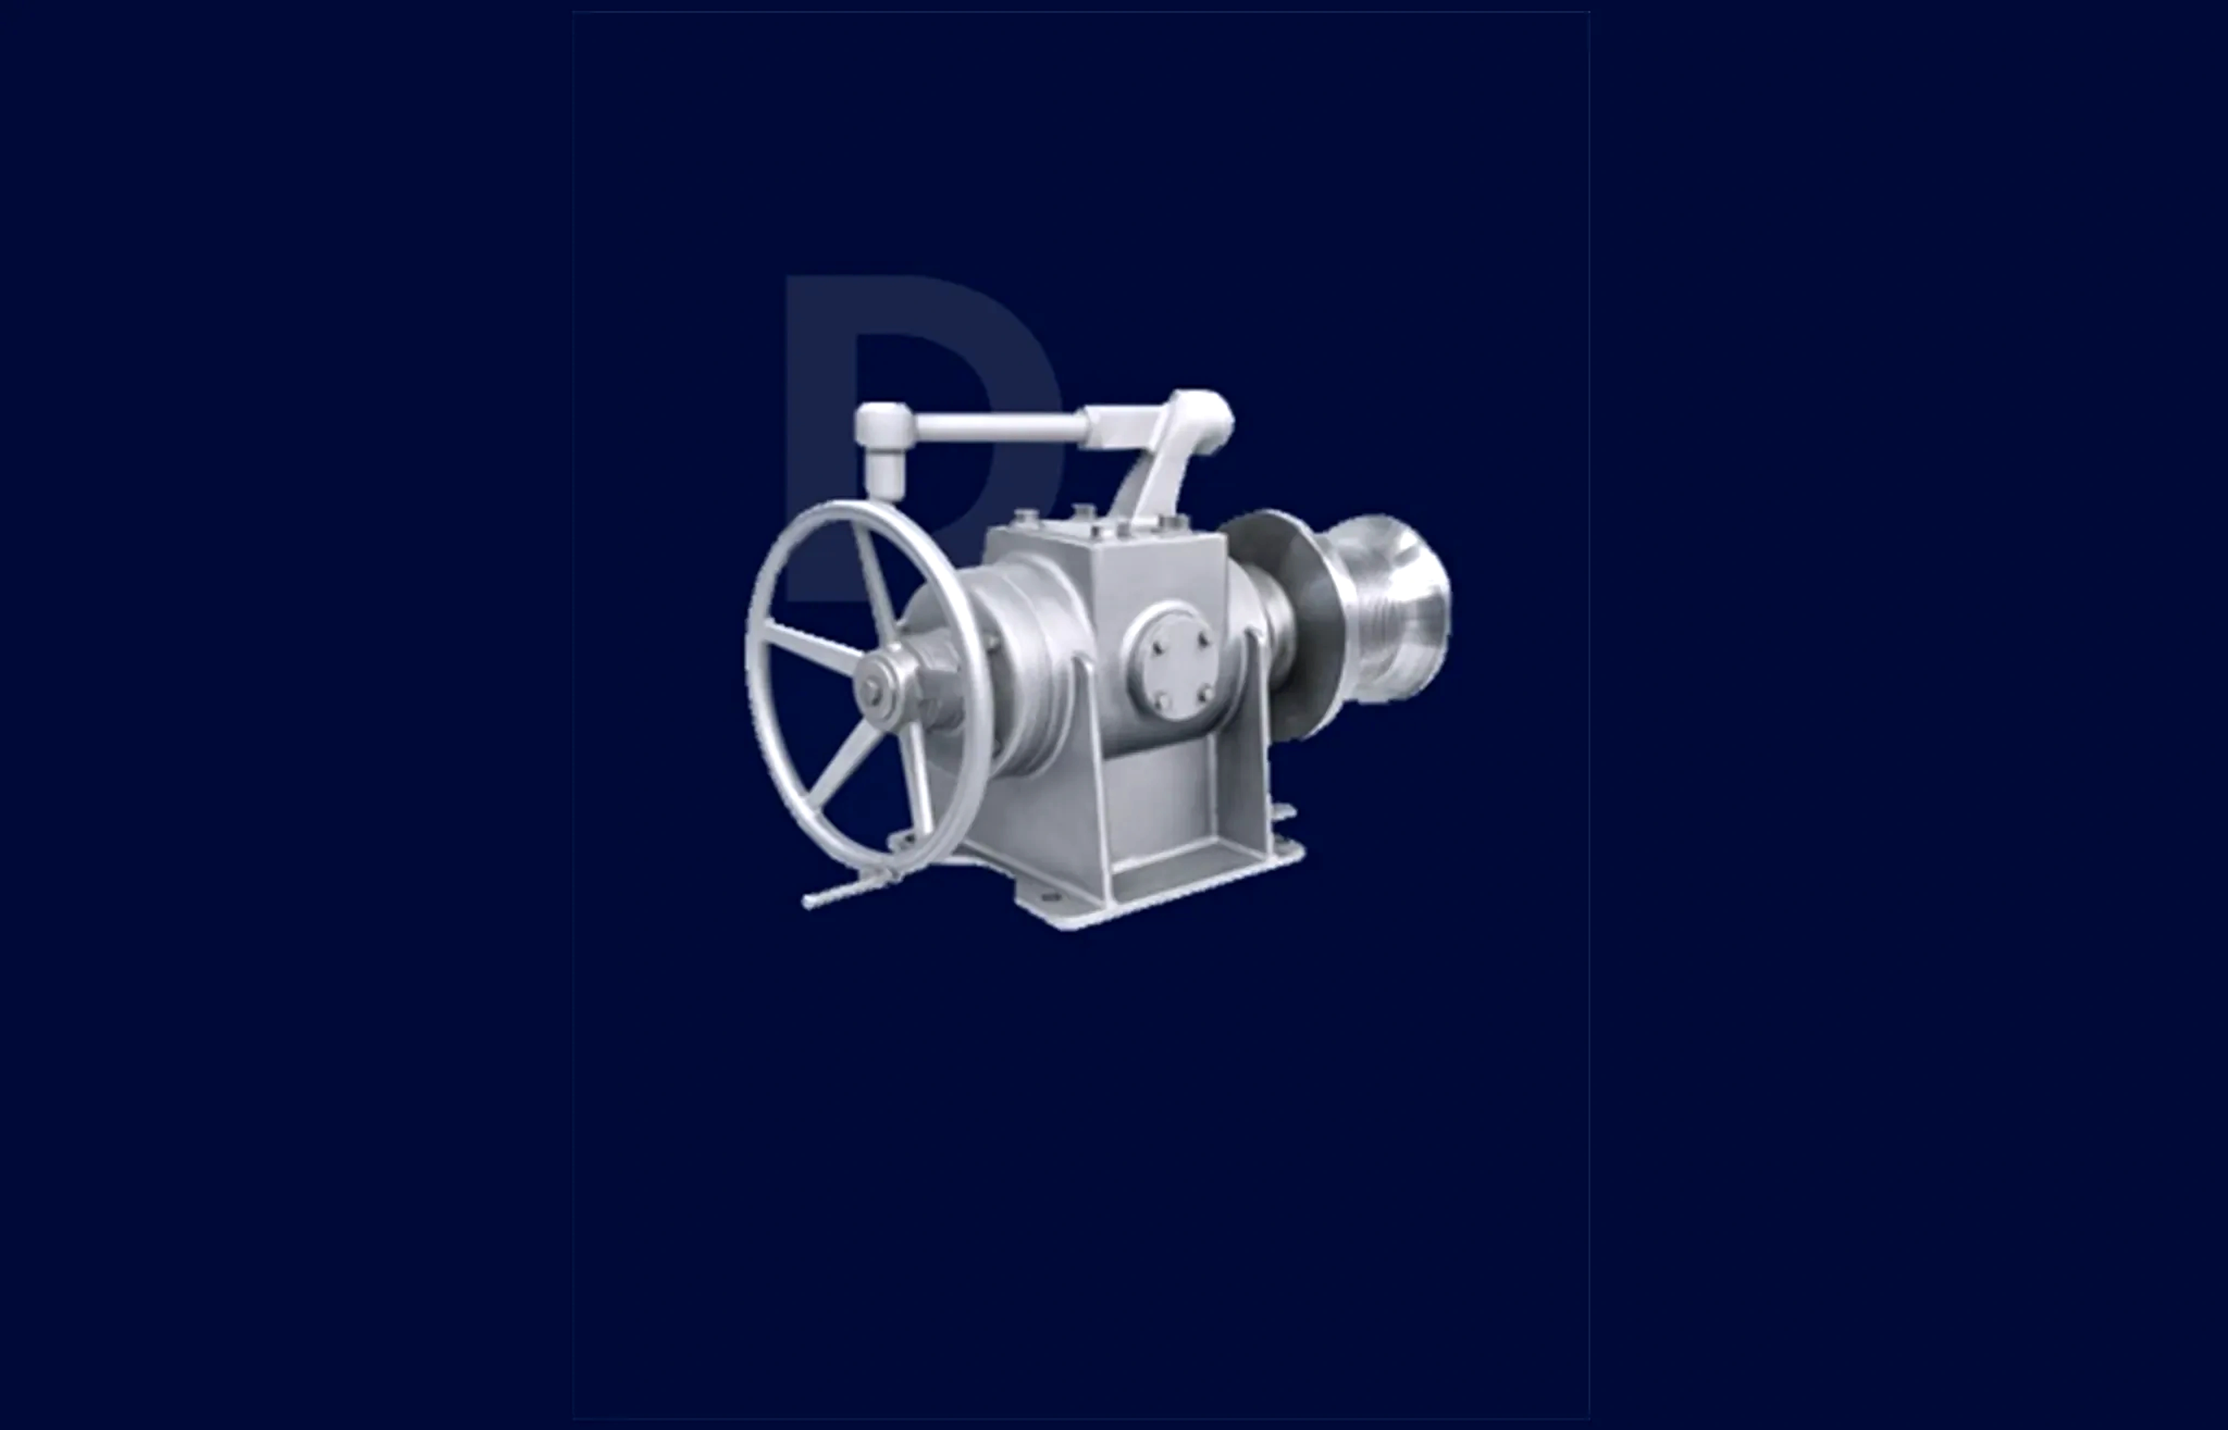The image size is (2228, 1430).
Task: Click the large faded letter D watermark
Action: point(822,390)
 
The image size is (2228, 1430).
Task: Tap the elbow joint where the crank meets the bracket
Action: point(1203,413)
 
